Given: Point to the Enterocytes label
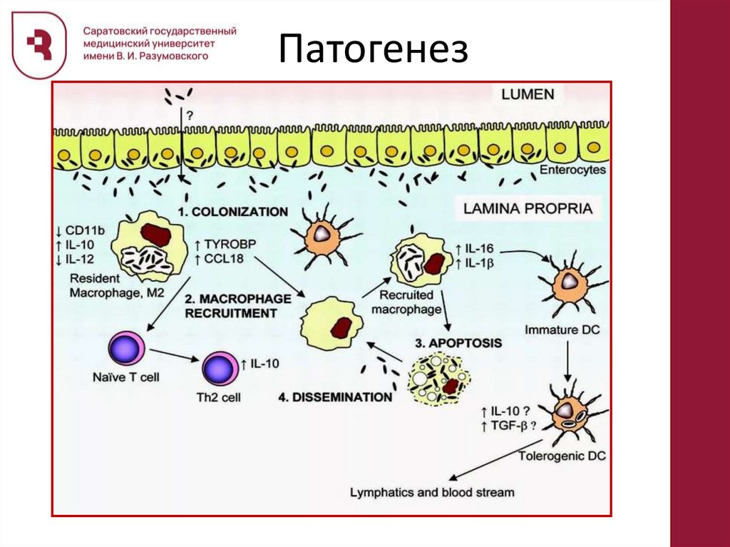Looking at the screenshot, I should [572, 170].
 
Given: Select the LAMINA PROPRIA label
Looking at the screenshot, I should [528, 208].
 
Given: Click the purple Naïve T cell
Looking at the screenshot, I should [125, 351].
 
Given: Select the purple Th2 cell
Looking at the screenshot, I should [221, 369].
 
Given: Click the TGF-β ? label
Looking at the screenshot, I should [509, 426].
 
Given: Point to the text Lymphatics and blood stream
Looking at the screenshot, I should [432, 492].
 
